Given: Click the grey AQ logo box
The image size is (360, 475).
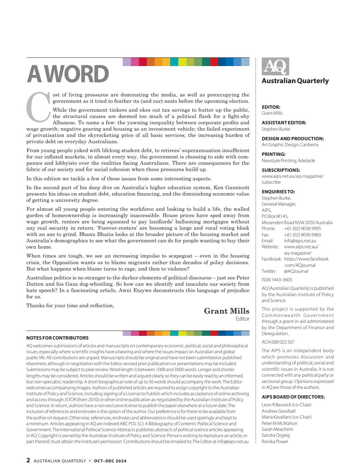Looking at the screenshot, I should tap(275, 67).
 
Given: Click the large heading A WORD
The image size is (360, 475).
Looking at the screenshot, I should tap(68, 74).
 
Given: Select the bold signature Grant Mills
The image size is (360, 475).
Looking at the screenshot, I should tap(227, 311).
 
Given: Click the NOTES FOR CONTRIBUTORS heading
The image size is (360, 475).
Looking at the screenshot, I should tap(57, 338).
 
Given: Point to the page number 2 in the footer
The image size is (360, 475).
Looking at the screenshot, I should tap(28, 461).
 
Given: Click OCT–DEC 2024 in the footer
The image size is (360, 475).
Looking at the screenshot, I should tap(110, 461).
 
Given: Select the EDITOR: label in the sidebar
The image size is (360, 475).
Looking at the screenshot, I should tap(271, 107).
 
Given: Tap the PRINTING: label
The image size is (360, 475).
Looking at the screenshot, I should tap(274, 154).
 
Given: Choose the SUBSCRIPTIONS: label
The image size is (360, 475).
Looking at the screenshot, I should tap(281, 170).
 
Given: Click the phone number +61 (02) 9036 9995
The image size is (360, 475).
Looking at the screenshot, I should tap(303, 229).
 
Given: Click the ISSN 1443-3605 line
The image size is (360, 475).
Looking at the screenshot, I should tap(277, 280).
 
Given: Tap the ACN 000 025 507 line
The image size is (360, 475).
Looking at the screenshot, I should tap(278, 342).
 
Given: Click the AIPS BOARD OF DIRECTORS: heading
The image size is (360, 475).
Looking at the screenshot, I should tap(293, 397).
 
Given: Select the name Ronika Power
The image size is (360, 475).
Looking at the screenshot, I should tap(275, 442).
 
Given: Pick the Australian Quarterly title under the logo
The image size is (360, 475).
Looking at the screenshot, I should tap(295, 81).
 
